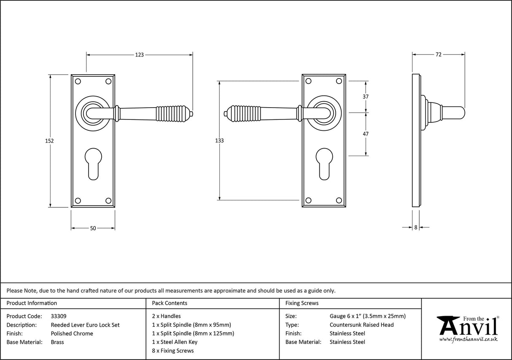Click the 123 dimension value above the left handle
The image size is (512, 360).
point(139,54)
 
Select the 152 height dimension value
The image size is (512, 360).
point(49,141)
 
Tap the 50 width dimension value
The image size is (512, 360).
point(93,228)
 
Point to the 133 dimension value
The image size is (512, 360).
point(219,141)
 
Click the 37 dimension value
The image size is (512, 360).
point(365,97)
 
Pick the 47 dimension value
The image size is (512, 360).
point(365,134)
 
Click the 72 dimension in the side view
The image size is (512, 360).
point(438,54)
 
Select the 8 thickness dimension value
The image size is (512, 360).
point(415,227)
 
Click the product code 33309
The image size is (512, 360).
point(58,316)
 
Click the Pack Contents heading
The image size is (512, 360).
point(170,303)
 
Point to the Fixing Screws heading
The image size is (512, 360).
point(302,303)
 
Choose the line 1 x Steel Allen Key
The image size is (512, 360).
point(175,342)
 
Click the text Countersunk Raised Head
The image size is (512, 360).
point(361,325)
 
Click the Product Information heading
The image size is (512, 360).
point(32,303)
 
